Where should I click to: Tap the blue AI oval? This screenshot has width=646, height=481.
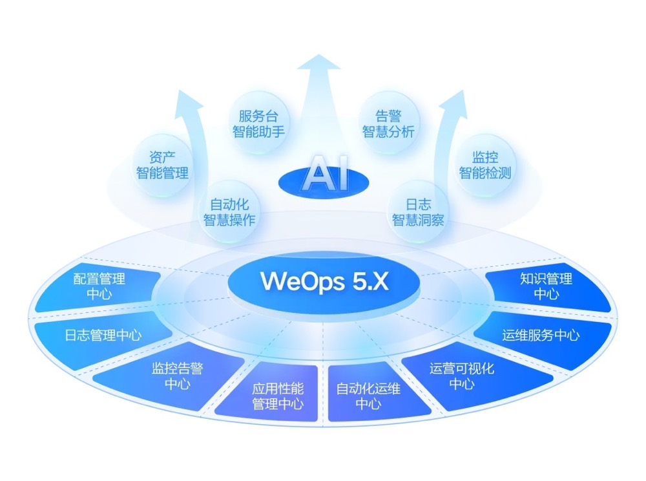(x=323, y=176)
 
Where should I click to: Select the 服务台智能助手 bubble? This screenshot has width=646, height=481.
(x=258, y=124)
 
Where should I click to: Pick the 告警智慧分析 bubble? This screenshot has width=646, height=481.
(x=388, y=124)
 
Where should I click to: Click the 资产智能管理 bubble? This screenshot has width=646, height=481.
(x=162, y=165)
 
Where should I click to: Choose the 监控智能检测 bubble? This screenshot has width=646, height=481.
(x=484, y=165)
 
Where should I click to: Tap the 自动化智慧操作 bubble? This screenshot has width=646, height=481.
(x=229, y=212)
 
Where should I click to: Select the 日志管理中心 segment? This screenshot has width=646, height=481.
(x=103, y=335)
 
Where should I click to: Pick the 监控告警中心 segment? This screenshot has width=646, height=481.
(x=177, y=376)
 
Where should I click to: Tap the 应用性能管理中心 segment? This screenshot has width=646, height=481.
(x=278, y=396)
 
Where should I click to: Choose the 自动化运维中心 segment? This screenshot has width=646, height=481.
(x=368, y=396)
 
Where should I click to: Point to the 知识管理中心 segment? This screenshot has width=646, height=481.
(x=546, y=286)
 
